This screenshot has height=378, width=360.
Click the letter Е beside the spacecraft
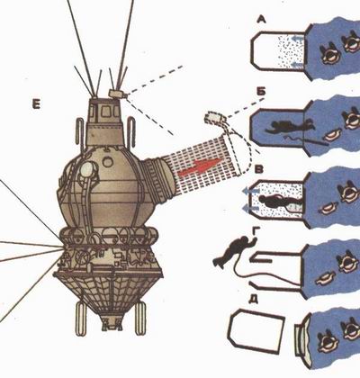[x=36, y=104]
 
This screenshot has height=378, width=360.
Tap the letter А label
[x=262, y=20]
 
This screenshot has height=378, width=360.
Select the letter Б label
[x=261, y=92]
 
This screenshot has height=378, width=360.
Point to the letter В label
[x=258, y=169]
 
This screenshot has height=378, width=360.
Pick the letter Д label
[x=254, y=300]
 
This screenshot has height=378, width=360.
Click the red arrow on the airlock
[x=200, y=166]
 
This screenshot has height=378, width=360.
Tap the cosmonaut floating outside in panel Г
[x=235, y=251]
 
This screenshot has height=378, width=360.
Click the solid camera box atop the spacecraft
[x=118, y=94]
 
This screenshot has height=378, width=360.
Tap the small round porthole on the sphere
[x=106, y=162]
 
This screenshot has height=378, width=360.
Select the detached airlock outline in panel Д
[x=256, y=331]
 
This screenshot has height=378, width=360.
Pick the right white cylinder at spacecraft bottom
[x=139, y=319]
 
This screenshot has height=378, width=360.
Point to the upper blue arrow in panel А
[x=299, y=38]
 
